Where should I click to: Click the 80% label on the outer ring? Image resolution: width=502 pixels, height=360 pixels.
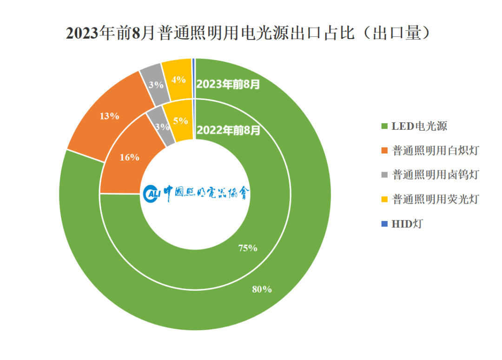pos(262,289)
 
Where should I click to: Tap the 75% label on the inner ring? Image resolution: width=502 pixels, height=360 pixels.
pos(248,248)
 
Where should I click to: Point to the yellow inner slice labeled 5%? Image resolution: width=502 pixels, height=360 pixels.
pos(180,121)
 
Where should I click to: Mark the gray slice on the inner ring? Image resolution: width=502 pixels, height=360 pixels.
pos(161,127)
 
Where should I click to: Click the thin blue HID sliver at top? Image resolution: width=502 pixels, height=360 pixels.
pos(193,79)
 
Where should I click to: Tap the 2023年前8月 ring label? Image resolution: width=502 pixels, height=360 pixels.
pos(228,84)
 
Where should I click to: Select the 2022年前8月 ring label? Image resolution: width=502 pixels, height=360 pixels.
pos(228,130)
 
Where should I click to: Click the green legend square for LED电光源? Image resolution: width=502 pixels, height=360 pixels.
pos(384,126)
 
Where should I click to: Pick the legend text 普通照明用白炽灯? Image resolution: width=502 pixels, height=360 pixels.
pos(436,151)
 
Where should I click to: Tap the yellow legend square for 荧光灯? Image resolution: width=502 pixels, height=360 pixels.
pos(384,200)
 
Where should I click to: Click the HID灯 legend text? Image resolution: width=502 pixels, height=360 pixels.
pos(407,224)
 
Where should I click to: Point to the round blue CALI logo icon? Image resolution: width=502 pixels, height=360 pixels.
pos(152,193)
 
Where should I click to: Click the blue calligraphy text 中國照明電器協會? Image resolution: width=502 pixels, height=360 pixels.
pos(206,193)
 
